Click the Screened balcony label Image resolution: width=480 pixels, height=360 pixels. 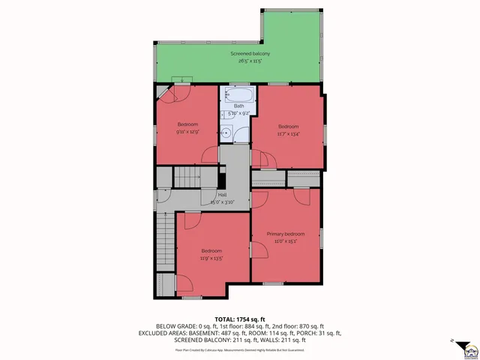click(250, 54)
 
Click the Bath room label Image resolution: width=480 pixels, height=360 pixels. click(238, 106)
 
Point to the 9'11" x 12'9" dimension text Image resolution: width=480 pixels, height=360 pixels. click(187, 132)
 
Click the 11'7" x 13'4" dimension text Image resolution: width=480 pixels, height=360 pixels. click(288, 134)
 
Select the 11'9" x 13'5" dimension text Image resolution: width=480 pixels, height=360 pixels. click(211, 259)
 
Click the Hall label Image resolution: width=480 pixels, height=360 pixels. click(223, 194)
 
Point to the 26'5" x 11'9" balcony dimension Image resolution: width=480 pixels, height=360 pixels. click(250, 61)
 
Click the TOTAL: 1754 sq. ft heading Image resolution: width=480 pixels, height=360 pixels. click(239, 319)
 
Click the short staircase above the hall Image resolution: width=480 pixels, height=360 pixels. click(189, 178)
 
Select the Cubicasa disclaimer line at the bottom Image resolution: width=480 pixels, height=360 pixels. click(239, 349)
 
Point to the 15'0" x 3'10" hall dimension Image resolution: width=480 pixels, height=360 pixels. click(223, 202)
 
